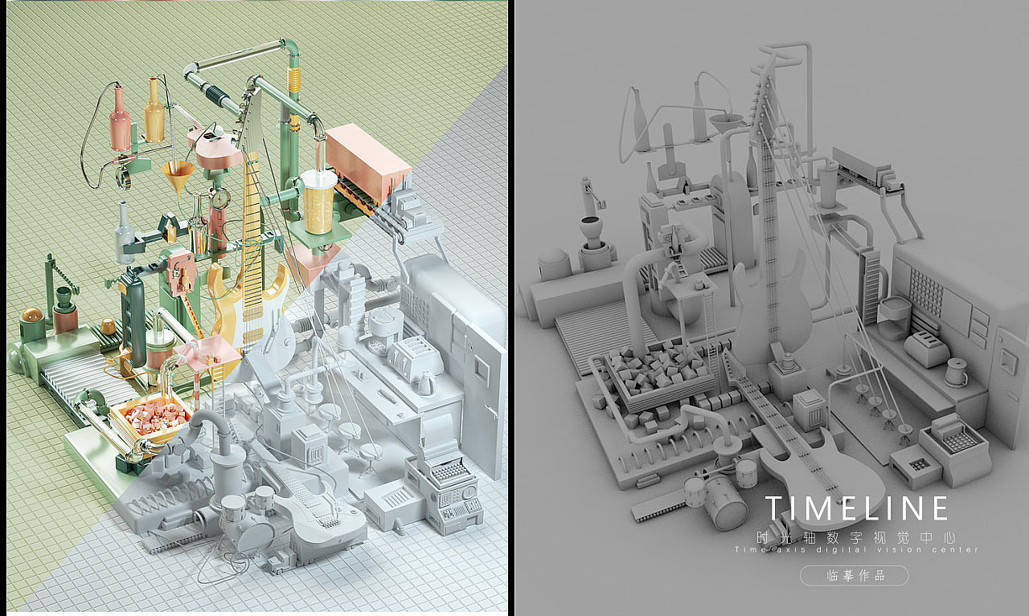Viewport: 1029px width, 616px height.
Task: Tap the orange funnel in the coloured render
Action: [x=178, y=176]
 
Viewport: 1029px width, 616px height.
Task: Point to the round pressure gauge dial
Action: [x=221, y=198]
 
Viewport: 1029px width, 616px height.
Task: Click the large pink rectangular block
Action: [x=367, y=162]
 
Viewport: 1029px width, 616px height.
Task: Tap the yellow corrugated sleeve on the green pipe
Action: [x=293, y=81]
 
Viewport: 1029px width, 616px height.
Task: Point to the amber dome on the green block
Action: [x=33, y=316]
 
